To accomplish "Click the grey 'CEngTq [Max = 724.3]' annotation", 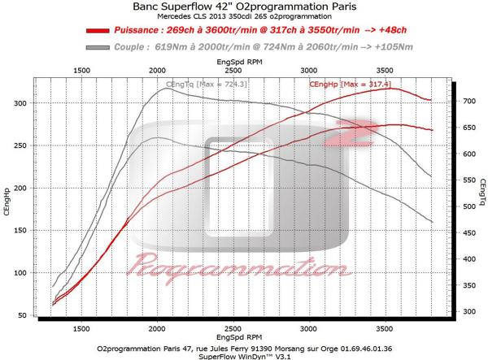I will pos(200,85).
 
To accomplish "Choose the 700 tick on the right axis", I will pos(469,101).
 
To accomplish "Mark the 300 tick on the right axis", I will pos(469,311).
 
